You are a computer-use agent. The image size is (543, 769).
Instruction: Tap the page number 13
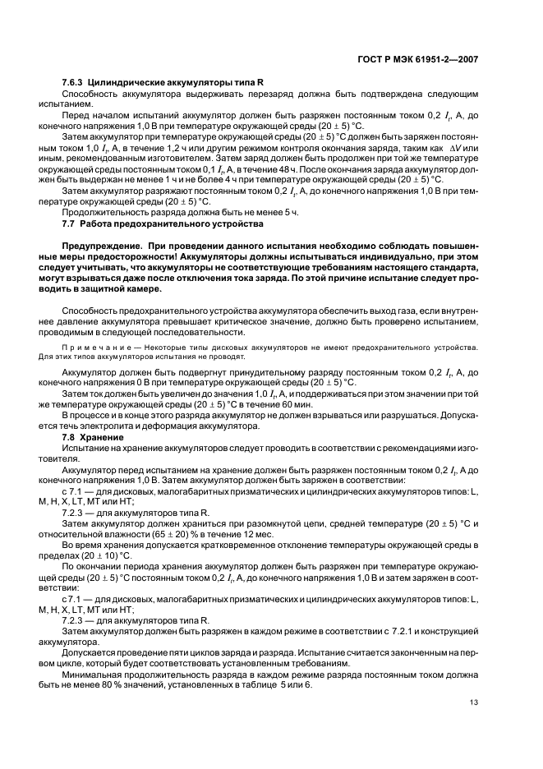474,702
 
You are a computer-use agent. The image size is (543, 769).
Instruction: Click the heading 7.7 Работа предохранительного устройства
163,223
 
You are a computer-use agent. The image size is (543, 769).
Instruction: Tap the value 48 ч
255,168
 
